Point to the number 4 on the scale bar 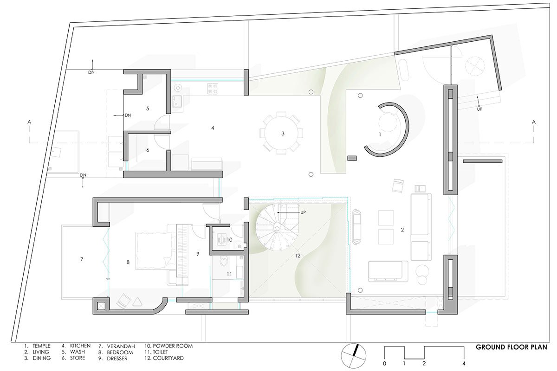click(x=464, y=363)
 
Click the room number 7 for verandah click(x=82, y=259)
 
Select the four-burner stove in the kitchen click(x=213, y=88)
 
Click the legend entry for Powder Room click(x=168, y=346)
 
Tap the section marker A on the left click(x=29, y=122)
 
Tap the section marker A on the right click(x=534, y=122)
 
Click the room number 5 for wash click(x=148, y=109)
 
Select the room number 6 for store click(x=148, y=150)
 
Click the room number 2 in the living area click(x=402, y=230)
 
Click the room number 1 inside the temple click(x=380, y=134)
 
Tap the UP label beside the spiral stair click(x=303, y=212)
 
